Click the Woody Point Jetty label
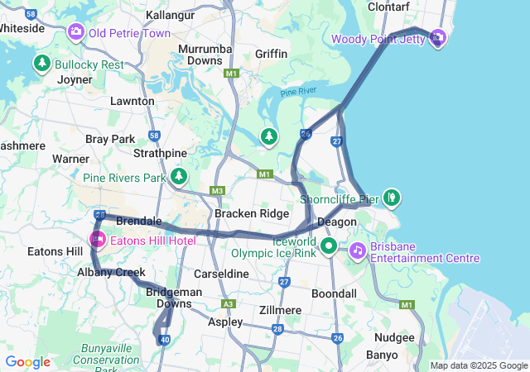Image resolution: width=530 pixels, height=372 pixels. [x=378, y=39]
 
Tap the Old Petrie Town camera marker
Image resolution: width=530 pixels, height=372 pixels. [x=76, y=32]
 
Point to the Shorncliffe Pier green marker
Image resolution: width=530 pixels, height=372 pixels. [x=392, y=198]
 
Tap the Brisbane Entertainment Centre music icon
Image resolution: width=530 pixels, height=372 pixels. [x=357, y=249]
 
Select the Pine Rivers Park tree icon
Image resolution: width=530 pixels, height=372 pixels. [x=180, y=177]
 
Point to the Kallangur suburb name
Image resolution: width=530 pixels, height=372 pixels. [x=170, y=16]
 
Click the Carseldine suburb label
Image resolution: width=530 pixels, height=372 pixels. [x=221, y=273]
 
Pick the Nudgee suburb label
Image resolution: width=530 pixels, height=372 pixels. [x=394, y=337]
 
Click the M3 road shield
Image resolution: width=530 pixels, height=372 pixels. [x=218, y=191]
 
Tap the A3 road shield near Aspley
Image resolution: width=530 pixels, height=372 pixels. [x=228, y=303]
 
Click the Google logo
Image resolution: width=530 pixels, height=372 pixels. [x=28, y=362]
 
